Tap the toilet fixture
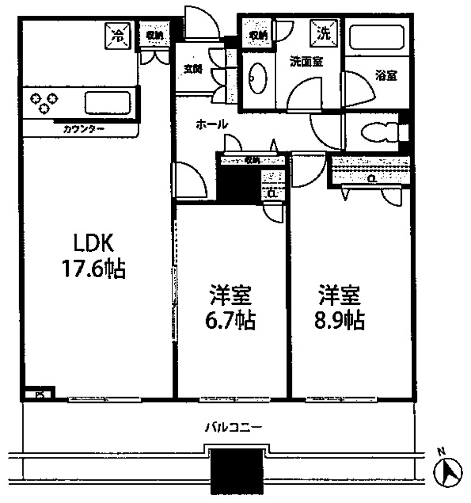coord(380,132)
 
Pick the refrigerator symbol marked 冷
coord(117,36)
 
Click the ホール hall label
coord(212,125)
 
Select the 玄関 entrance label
coord(193,69)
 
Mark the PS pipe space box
coord(39,394)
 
